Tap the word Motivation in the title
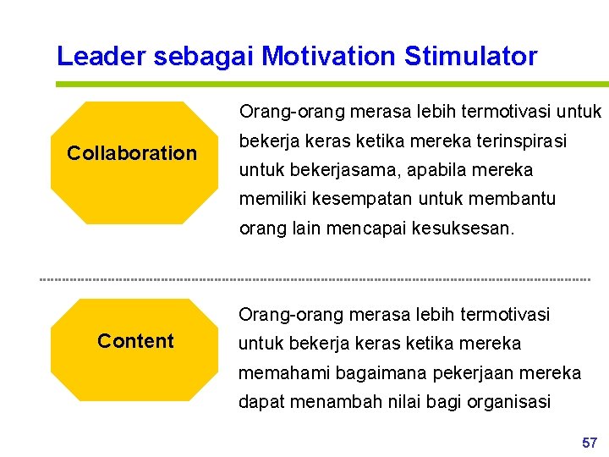point(330,57)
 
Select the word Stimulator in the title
point(470,57)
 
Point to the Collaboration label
point(132,153)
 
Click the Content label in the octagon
point(135,341)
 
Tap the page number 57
point(590,443)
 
